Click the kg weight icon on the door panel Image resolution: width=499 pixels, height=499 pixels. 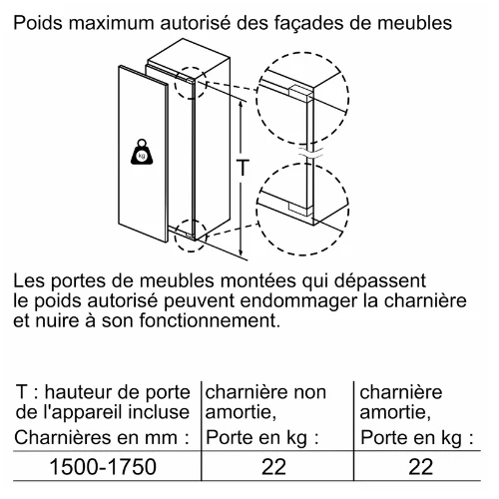point(142,152)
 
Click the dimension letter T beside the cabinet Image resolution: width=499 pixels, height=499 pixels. point(243,168)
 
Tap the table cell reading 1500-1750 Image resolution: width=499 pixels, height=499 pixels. point(103,466)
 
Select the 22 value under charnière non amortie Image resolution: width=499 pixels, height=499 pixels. point(273,466)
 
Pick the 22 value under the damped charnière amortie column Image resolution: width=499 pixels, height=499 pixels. point(420,466)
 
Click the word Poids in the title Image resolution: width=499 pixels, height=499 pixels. point(38,23)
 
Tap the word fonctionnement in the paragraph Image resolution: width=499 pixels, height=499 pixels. point(209,320)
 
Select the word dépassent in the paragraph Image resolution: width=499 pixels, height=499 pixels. point(380,281)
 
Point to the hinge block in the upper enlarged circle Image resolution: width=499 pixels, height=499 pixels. point(300,93)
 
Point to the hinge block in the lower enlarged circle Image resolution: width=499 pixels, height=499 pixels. point(300,208)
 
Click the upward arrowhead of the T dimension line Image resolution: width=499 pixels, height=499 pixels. point(241,104)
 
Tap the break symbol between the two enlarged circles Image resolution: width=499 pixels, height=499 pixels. point(310,154)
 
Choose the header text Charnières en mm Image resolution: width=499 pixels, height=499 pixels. point(102,437)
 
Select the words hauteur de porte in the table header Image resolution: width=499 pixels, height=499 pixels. point(118,393)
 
